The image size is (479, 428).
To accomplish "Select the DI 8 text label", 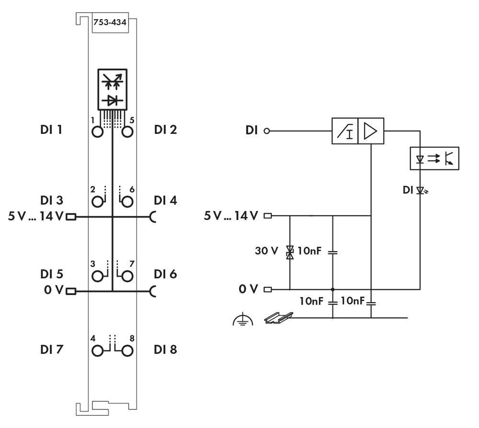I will click(165, 350).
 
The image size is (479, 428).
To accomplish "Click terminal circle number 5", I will click(127, 132).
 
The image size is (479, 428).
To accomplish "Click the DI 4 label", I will click(165, 200).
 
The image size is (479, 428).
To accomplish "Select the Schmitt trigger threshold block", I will click(345, 131).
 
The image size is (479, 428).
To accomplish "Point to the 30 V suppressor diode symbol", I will click(290, 252).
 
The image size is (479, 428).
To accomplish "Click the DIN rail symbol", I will click(278, 317).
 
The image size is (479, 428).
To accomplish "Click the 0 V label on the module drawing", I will click(53, 290).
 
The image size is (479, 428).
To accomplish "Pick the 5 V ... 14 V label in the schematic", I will click(232, 216).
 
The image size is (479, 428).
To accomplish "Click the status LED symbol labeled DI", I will click(421, 191).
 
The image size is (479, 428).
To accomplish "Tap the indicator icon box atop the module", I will click(113, 89).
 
